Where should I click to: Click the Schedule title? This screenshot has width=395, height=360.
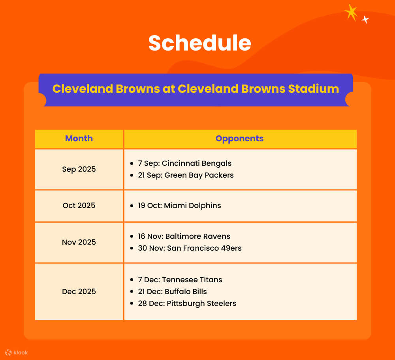pyautogui.click(x=199, y=43)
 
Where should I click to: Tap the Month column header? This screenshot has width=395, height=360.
pyautogui.click(x=79, y=139)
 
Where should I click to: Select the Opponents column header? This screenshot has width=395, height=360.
pyautogui.click(x=239, y=139)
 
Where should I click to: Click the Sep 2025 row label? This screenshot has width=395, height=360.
pyautogui.click(x=79, y=169)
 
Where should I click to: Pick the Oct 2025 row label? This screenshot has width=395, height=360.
pyautogui.click(x=79, y=206)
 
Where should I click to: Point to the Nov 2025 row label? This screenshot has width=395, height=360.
pyautogui.click(x=79, y=242)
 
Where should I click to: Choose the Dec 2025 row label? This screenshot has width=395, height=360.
pyautogui.click(x=79, y=292)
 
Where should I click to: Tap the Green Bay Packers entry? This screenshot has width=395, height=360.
pyautogui.click(x=186, y=175)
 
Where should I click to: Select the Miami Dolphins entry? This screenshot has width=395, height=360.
pyautogui.click(x=179, y=206)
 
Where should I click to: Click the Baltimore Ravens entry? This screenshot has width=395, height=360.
pyautogui.click(x=184, y=236)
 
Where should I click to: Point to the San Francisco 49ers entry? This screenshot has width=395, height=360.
pyautogui.click(x=190, y=248)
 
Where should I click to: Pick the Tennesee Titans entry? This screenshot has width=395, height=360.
pyautogui.click(x=180, y=280)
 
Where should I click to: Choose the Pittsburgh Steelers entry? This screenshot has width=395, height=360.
pyautogui.click(x=187, y=304)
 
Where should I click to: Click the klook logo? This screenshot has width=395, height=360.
pyautogui.click(x=17, y=352)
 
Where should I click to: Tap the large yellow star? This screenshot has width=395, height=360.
pyautogui.click(x=351, y=12)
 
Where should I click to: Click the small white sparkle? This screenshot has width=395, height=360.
pyautogui.click(x=365, y=19)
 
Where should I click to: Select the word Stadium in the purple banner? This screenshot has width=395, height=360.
pyautogui.click(x=313, y=89)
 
